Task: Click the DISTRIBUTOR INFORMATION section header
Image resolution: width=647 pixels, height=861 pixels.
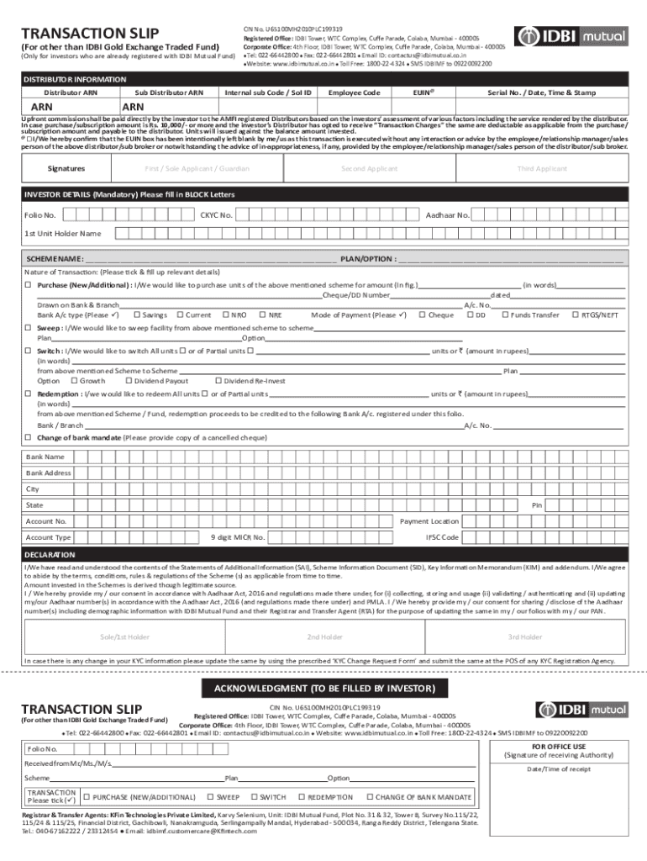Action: click(x=76, y=79)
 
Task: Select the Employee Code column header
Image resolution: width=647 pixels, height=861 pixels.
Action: click(x=354, y=92)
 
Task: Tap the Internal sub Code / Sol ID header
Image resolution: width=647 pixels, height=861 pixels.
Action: click(x=269, y=92)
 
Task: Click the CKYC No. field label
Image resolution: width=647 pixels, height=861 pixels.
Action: click(x=216, y=215)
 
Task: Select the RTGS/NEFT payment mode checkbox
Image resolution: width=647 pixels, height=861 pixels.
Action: click(x=575, y=314)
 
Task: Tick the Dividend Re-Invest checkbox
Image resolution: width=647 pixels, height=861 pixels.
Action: click(x=218, y=381)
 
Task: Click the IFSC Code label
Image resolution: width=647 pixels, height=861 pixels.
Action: click(x=442, y=537)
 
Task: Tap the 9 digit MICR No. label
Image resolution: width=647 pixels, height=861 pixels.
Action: click(x=237, y=537)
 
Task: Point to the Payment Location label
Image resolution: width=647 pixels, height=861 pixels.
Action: click(x=429, y=521)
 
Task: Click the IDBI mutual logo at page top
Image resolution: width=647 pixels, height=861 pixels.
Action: click(x=571, y=37)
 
